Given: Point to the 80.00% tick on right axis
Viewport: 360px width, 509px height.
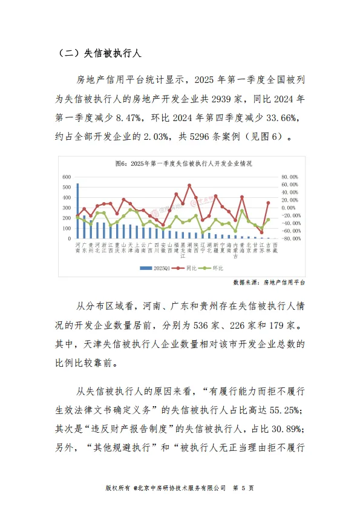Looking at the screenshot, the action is click(290, 176).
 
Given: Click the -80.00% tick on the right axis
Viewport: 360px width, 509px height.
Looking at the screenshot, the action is click(290, 238).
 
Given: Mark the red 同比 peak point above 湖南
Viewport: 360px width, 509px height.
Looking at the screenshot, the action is click(189, 185).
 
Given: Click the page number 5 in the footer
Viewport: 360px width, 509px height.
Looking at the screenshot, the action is click(243, 487).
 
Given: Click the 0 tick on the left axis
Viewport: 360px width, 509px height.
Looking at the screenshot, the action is click(70, 238).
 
